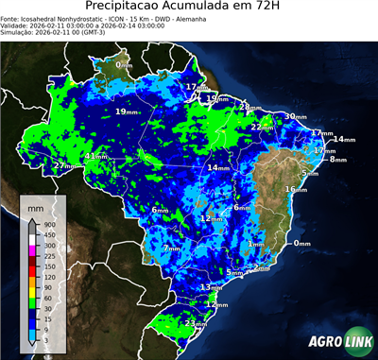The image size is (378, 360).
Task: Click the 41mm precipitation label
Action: [94, 157]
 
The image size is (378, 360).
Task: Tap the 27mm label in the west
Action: [64, 166]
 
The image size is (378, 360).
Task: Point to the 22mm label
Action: [262, 127]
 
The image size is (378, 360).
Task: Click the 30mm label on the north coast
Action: [295, 116]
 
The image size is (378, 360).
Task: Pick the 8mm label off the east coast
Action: [337, 160]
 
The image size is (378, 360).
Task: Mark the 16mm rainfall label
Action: [295, 189]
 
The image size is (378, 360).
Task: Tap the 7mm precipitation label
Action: [171, 249]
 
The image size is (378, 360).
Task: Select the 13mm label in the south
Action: [210, 286]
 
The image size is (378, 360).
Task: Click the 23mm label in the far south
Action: [195, 323]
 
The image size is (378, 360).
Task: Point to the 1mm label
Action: [255, 244]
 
